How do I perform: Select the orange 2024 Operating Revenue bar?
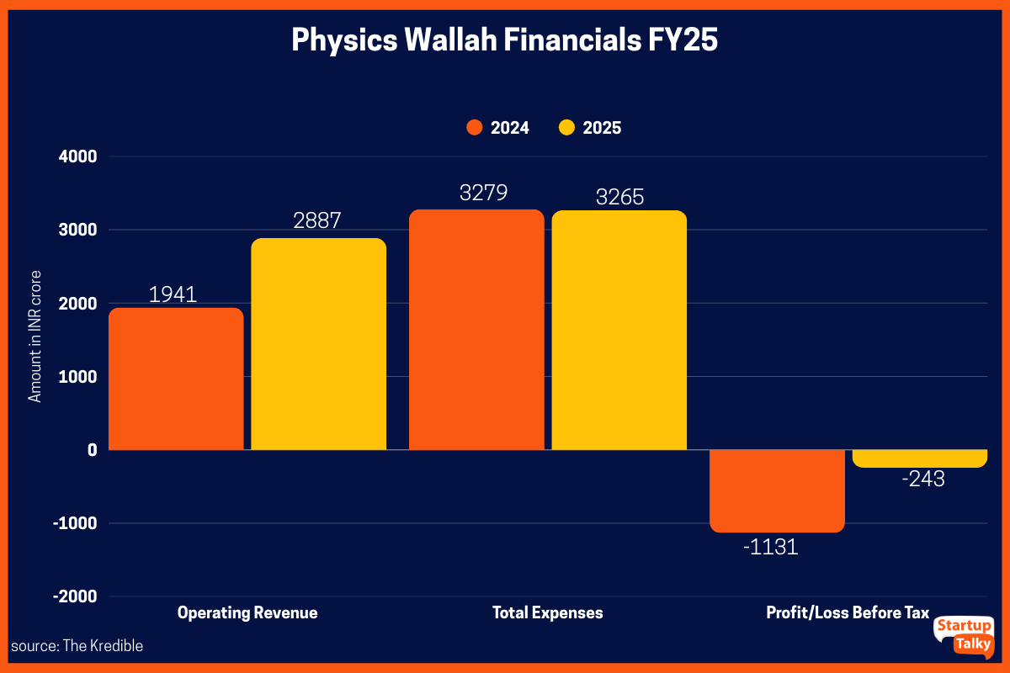[x=177, y=379]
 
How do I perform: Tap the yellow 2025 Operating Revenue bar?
[x=319, y=344]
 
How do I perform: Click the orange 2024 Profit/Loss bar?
[x=777, y=490]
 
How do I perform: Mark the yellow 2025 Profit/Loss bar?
[x=919, y=458]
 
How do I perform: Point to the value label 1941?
[x=173, y=294]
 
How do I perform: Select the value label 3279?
[x=483, y=193]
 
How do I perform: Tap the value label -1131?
[x=769, y=548]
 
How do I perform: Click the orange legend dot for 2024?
[x=474, y=128]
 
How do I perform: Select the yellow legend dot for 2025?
[x=566, y=128]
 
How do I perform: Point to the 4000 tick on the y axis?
[x=78, y=156]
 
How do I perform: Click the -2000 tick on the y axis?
[x=75, y=596]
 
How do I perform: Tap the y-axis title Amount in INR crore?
[x=35, y=336]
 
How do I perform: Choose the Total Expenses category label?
[x=547, y=612]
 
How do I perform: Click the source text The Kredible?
[x=77, y=646]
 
